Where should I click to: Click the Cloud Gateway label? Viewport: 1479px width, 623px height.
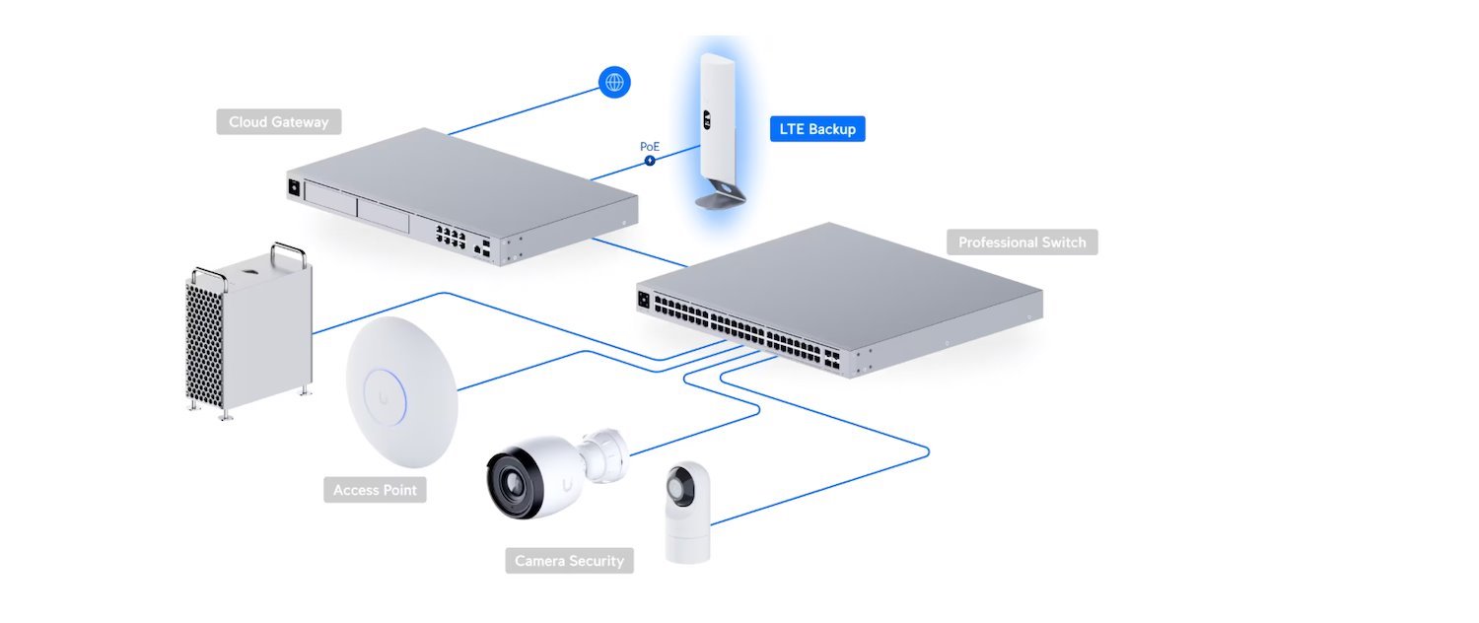coord(278,122)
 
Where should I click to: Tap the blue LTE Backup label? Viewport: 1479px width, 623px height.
coord(816,129)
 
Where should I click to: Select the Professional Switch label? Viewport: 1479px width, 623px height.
coord(1021,242)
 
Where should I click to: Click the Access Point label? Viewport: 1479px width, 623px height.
coord(375,490)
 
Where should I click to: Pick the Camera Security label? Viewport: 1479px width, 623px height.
coord(569,561)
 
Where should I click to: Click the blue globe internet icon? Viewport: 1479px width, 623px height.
coord(614,82)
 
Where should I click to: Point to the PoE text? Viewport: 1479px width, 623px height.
coord(650,146)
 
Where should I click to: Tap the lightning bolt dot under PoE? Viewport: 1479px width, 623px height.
coord(650,160)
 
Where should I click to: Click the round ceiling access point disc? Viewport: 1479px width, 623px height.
coord(400,390)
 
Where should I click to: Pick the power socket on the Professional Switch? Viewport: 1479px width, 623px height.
coord(645,300)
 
